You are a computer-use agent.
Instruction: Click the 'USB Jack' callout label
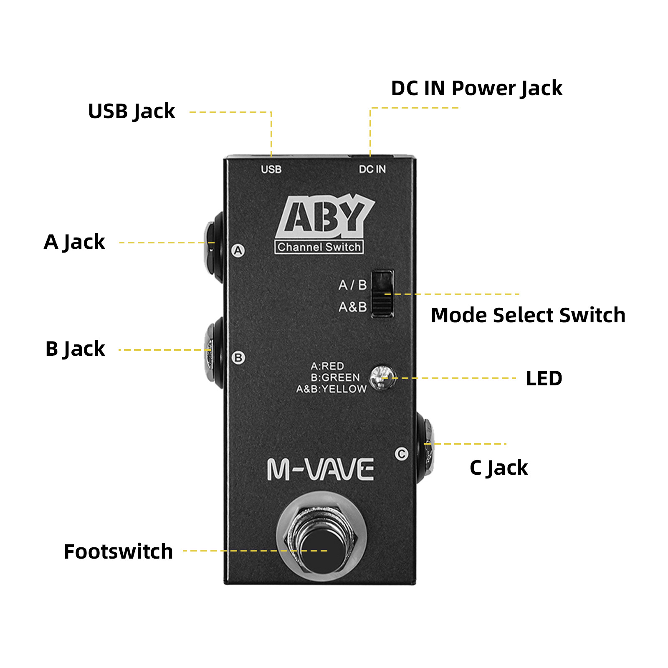pyautogui.click(x=132, y=111)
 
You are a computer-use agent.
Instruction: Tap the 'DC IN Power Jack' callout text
pyautogui.click(x=476, y=89)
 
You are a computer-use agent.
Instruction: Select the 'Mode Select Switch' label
pyautogui.click(x=528, y=315)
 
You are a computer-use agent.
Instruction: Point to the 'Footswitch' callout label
pyautogui.click(x=118, y=552)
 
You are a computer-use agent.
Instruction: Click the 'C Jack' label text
pyautogui.click(x=498, y=468)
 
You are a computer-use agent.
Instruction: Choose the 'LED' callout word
pyautogui.click(x=544, y=379)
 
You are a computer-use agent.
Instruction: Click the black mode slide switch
pyautogui.click(x=382, y=294)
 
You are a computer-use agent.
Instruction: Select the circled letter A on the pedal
pyautogui.click(x=238, y=250)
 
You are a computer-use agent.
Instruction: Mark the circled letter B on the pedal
pyautogui.click(x=238, y=358)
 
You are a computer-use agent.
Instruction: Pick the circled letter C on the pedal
pyautogui.click(x=402, y=454)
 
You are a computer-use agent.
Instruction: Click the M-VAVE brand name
pyautogui.click(x=320, y=469)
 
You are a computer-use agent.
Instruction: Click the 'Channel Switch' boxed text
pyautogui.click(x=319, y=247)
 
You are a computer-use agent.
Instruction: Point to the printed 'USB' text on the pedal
pyautogui.click(x=271, y=170)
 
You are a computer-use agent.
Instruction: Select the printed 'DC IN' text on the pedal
pyautogui.click(x=372, y=169)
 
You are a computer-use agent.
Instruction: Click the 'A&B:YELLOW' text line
pyautogui.click(x=331, y=389)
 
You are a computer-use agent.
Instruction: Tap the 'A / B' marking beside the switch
pyautogui.click(x=352, y=285)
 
